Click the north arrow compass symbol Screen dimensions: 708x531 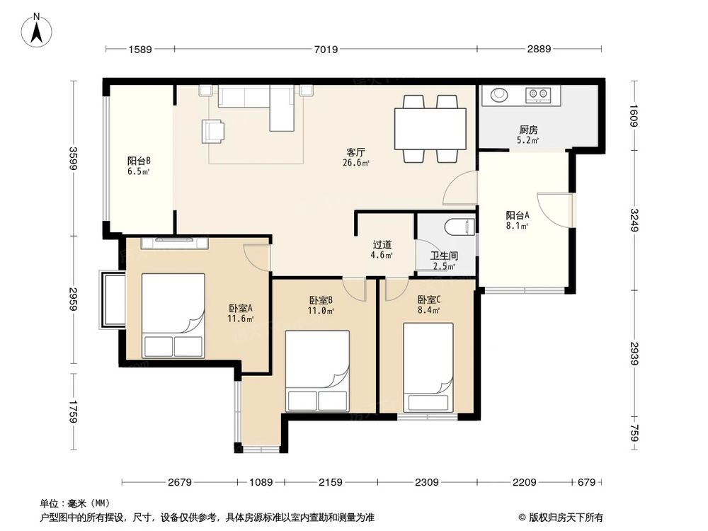coord(37,30)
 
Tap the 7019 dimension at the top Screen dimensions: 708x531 coord(326,50)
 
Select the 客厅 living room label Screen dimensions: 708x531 coord(356,152)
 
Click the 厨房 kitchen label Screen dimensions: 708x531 coord(528,130)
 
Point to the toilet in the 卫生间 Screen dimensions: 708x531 coord(460,227)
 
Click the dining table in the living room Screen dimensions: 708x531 coord(430,129)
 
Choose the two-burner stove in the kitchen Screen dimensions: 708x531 coord(538,94)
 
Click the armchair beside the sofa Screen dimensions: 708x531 coord(212,131)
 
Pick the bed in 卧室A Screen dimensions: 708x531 coord(173,316)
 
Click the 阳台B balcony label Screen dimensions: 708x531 coord(139,161)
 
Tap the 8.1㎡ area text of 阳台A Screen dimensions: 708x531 coord(518,226)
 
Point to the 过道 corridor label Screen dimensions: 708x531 coord(382,245)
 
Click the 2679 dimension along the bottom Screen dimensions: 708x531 coord(180,482)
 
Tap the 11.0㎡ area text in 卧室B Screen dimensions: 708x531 coord(321,311)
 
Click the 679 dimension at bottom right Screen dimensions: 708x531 coord(586,482)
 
